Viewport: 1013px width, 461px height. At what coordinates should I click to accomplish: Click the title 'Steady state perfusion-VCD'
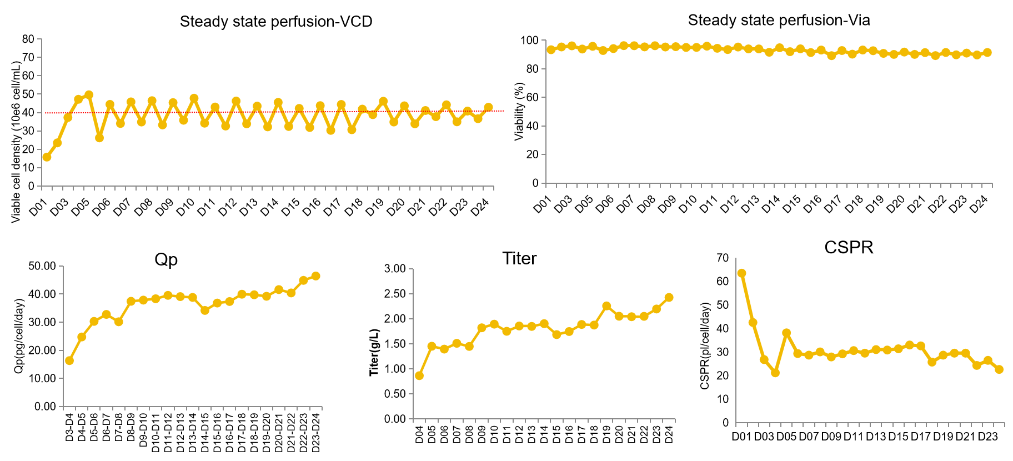(276, 22)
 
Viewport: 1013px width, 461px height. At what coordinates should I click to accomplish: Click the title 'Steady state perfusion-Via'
(779, 21)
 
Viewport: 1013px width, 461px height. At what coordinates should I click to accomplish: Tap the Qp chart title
(166, 259)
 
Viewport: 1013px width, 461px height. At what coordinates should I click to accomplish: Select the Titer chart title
(519, 258)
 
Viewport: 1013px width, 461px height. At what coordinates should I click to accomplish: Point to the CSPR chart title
(849, 247)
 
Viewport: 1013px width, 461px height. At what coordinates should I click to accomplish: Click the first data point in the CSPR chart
(741, 273)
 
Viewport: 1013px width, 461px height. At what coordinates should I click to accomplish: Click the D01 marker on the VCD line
(47, 157)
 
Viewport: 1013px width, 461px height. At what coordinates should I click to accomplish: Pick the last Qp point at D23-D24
(315, 276)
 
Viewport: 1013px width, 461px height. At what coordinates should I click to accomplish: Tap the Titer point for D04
(419, 375)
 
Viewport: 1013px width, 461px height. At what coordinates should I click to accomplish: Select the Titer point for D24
(669, 298)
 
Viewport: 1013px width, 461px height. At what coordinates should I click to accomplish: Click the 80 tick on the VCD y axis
(28, 39)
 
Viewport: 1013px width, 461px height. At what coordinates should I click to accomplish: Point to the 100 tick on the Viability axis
(529, 41)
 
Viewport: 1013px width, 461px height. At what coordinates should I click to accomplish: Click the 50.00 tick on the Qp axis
(42, 266)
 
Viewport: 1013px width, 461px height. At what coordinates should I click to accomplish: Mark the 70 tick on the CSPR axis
(723, 258)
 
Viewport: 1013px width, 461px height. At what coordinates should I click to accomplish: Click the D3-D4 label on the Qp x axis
(69, 428)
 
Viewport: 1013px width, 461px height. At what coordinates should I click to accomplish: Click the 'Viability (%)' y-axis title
(519, 111)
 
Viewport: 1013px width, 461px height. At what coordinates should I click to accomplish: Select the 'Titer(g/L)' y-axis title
(375, 353)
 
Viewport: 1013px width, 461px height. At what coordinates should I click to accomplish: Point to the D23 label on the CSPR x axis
(987, 437)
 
